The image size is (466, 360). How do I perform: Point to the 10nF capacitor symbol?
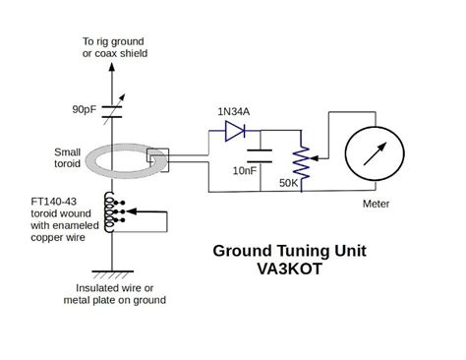pos(260,154)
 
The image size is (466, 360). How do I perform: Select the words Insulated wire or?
pos(116,287)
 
